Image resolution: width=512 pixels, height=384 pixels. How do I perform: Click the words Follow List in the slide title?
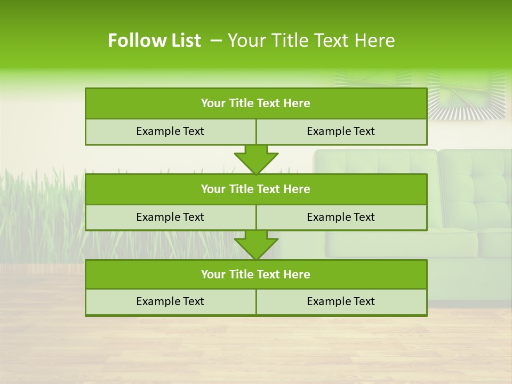pos(154,41)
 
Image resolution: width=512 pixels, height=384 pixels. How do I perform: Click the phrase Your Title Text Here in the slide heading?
pos(311,41)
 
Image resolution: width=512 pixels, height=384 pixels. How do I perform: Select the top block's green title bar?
pos(256,103)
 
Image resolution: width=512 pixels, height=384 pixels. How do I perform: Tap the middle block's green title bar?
pos(256,189)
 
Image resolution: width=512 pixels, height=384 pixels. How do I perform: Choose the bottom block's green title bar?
pos(256,275)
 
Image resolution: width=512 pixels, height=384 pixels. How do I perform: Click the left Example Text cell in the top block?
pos(170,132)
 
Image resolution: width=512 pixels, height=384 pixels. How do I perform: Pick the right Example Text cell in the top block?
pos(341,132)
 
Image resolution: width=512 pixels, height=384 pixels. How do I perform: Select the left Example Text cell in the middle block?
pos(170,218)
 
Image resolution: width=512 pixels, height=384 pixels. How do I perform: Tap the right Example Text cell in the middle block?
pos(341,218)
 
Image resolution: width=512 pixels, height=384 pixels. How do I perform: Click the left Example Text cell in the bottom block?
pos(170,302)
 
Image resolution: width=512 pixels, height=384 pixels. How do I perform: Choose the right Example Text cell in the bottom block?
pos(341,302)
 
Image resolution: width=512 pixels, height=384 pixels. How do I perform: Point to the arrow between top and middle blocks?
pos(256,159)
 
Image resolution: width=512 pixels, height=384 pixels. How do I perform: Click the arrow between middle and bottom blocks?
pos(256,245)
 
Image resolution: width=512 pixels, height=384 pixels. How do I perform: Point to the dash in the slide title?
pos(216,41)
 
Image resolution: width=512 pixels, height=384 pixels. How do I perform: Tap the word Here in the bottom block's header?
pos(297,275)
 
